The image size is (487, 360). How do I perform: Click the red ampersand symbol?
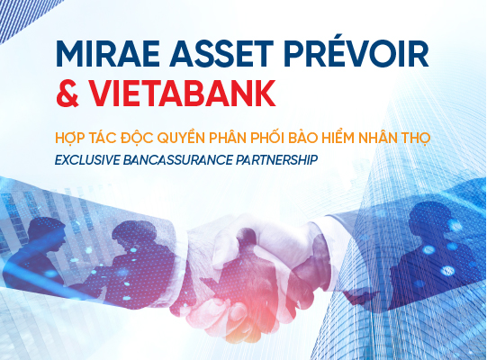pos(68,94)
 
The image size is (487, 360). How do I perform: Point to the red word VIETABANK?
pos(183,94)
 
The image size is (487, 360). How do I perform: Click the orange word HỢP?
pos(70,138)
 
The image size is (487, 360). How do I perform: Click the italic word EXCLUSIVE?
pos(87,160)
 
